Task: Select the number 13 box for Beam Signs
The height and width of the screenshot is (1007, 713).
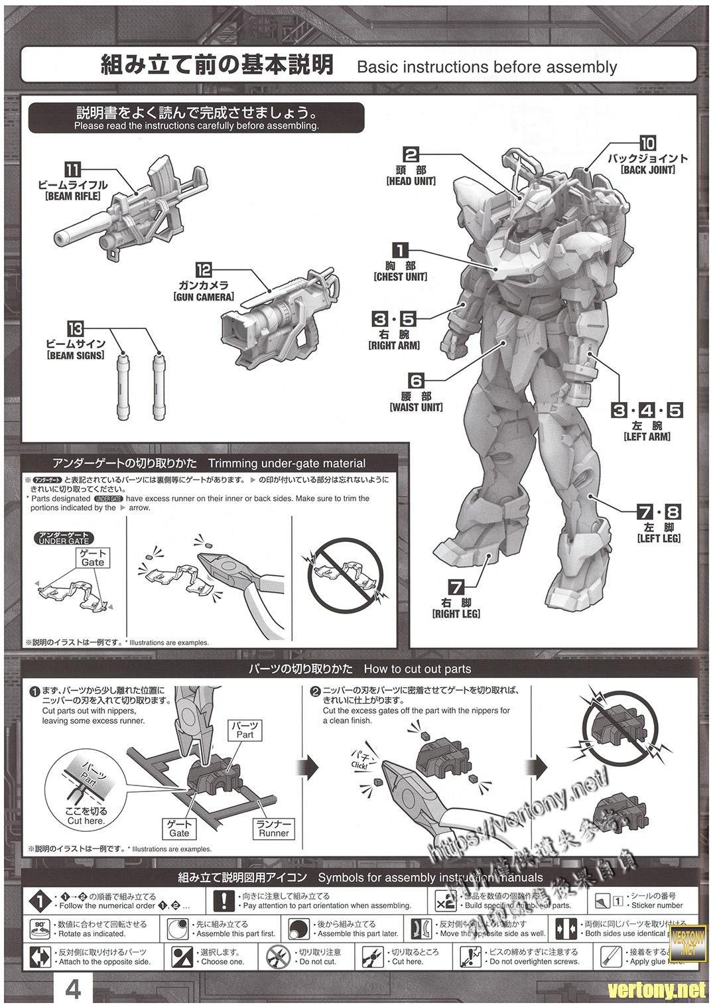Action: pos(76,328)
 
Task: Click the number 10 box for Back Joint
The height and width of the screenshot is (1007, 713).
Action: pos(647,143)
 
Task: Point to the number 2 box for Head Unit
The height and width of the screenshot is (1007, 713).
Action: pos(411,155)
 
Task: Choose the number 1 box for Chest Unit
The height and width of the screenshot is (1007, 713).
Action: pos(401,250)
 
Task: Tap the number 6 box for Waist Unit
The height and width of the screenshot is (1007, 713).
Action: pos(416,381)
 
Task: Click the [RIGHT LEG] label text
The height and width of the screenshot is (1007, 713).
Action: pos(456,614)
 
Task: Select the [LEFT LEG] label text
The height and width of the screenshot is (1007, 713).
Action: pos(659,539)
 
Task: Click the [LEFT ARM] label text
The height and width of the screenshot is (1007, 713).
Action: pos(647,436)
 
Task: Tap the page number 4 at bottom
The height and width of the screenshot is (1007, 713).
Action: pos(73,990)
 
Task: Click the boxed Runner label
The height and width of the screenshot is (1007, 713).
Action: pos(274,829)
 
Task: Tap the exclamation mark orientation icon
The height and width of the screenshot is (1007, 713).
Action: pos(225,900)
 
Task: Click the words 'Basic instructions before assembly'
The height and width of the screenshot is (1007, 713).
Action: pos(487,67)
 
